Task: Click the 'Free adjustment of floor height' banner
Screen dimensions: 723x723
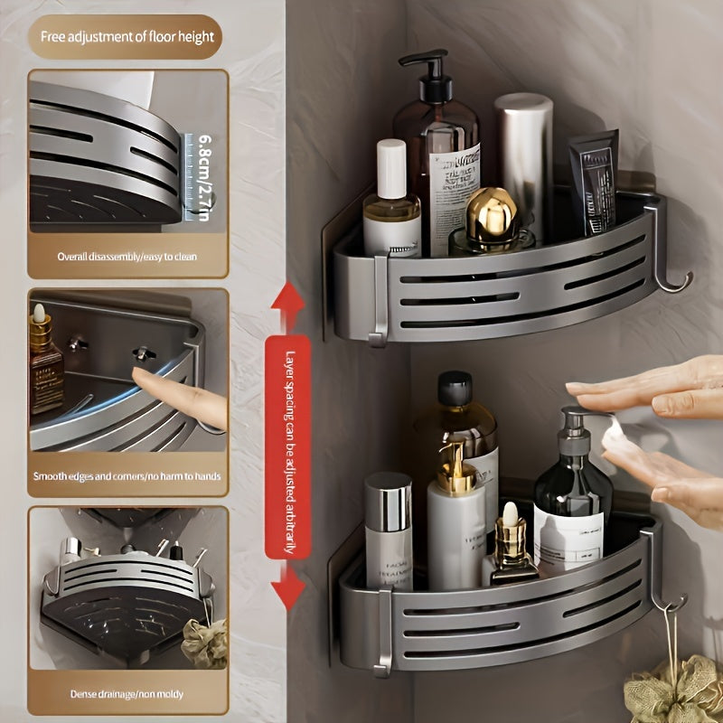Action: coord(126,37)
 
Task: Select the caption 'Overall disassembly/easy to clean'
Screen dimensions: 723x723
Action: coord(127,257)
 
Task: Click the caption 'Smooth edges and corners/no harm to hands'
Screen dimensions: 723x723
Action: coord(127,475)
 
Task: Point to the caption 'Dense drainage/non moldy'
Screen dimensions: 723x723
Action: coord(127,694)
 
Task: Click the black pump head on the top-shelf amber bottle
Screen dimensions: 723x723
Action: coord(434,72)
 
